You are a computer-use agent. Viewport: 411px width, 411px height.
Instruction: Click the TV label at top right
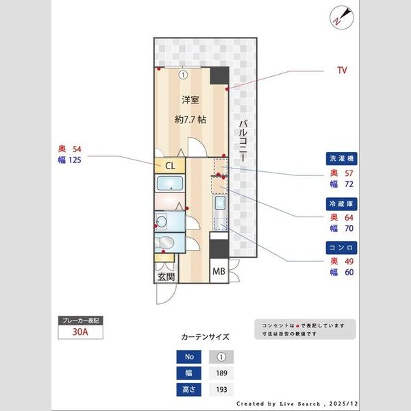[x=342, y=71]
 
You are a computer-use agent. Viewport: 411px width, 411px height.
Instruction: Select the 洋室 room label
[x=190, y=100]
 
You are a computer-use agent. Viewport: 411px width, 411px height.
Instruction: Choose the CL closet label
[x=171, y=165]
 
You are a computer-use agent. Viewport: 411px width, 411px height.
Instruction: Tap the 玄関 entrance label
[x=165, y=277]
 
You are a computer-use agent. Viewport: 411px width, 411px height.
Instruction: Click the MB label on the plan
[x=219, y=272]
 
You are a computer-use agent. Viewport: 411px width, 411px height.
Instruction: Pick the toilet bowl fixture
[x=164, y=243]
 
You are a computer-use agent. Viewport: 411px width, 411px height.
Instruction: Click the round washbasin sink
[x=162, y=221]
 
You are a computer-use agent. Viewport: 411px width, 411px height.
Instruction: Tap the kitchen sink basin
[x=221, y=203]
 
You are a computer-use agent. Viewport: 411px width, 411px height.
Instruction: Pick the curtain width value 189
[x=221, y=373]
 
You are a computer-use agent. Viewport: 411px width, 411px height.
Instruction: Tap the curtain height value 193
[x=221, y=390]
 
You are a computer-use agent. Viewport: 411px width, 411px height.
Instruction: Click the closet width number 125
[x=75, y=162]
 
